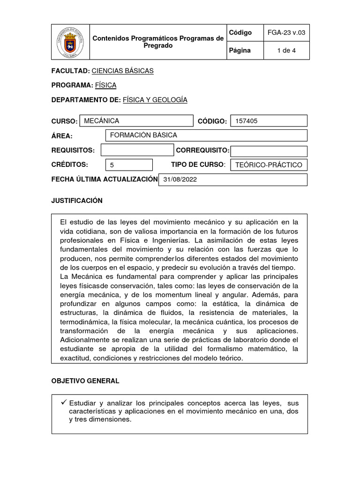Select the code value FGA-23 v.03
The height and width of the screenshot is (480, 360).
[x=286, y=33]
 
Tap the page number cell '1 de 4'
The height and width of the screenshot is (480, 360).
[x=286, y=51]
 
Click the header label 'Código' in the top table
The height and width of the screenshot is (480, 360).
[x=240, y=33]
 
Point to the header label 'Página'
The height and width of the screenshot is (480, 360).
[x=240, y=51]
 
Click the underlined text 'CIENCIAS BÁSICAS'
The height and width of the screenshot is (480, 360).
[x=122, y=71]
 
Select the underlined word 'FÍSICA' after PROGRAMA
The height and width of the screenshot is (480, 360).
[x=105, y=85]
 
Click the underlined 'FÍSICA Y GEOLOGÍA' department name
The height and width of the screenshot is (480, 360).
[x=155, y=100]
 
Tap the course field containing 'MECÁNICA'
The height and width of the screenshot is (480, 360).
[x=136, y=121]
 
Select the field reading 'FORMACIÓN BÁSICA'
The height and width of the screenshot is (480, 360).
[x=206, y=135]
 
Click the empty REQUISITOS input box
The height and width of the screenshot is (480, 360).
[x=137, y=150]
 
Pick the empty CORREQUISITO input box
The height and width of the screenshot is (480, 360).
[x=269, y=151]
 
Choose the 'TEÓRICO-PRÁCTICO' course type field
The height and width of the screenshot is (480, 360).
[x=269, y=165]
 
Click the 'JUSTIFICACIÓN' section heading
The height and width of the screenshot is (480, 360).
[x=77, y=201]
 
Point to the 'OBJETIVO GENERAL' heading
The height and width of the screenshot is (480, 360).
[x=85, y=381]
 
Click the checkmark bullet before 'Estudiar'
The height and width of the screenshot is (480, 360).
[x=64, y=403]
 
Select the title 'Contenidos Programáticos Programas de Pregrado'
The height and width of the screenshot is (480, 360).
[x=158, y=42]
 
